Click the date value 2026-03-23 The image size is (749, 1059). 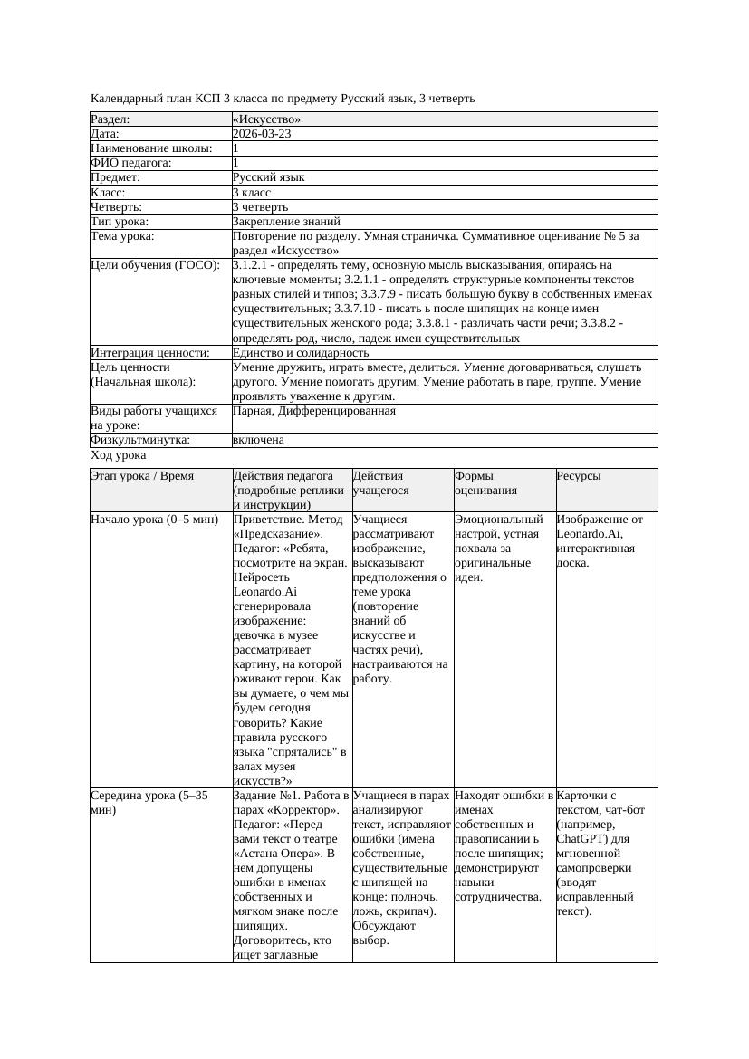pyautogui.click(x=262, y=134)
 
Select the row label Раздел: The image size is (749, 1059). pyautogui.click(x=110, y=119)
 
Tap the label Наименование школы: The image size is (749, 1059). pyautogui.click(x=151, y=148)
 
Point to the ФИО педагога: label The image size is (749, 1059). pyautogui.click(x=131, y=163)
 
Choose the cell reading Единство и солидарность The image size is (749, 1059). pyautogui.click(x=300, y=353)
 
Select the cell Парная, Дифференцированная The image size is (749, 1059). pyautogui.click(x=313, y=411)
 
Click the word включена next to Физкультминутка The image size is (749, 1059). pyautogui.click(x=258, y=440)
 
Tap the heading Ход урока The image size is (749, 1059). pyautogui.click(x=119, y=456)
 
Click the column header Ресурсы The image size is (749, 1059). pyautogui.click(x=579, y=476)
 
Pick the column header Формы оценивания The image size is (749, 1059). pyautogui.click(x=485, y=483)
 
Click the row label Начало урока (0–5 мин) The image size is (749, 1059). pyautogui.click(x=154, y=520)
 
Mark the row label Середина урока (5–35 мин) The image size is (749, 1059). pyautogui.click(x=149, y=803)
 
